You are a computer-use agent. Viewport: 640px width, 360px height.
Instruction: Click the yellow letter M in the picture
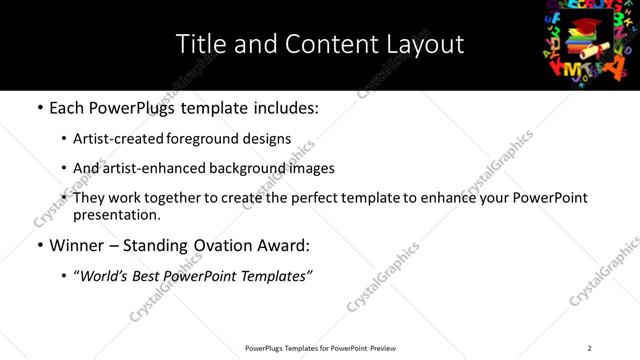pos(571,70)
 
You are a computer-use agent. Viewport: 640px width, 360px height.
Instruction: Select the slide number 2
pos(589,348)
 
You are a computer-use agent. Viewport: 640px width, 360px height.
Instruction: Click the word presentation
pos(116,215)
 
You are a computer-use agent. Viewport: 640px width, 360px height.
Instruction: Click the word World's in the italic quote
pos(109,276)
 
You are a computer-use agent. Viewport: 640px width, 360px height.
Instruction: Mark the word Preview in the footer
pos(383,348)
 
